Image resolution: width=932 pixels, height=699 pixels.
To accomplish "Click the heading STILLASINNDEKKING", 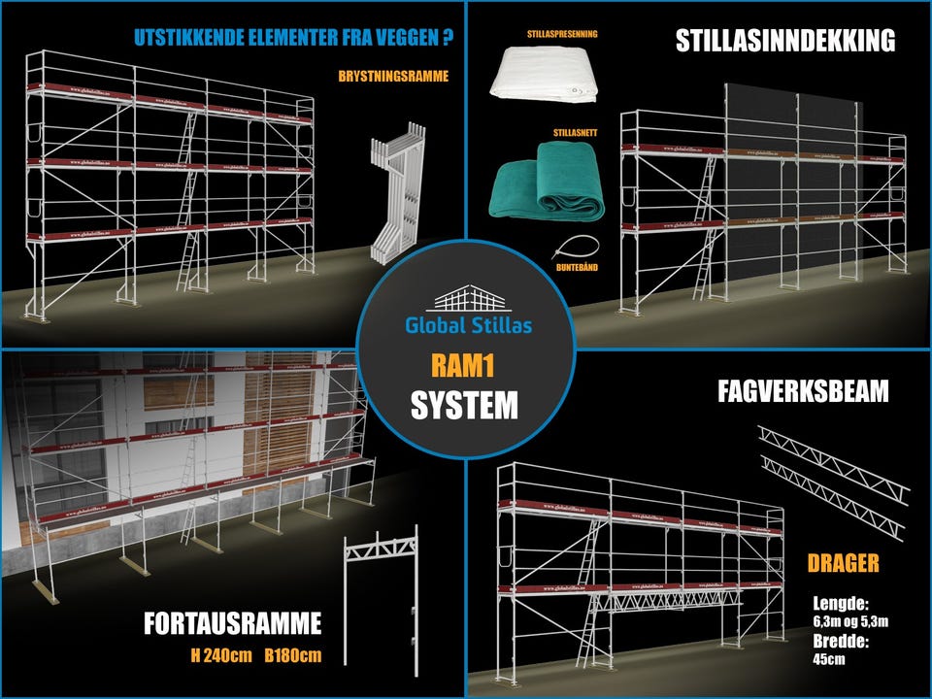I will (784, 42).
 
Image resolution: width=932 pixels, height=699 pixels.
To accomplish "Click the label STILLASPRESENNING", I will (549, 33).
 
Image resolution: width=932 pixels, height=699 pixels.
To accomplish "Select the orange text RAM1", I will (465, 366).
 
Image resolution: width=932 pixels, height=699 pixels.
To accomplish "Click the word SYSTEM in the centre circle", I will (465, 405).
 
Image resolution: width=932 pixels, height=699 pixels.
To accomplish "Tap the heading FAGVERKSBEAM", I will (804, 393).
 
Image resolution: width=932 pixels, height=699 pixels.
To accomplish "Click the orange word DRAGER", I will (843, 563).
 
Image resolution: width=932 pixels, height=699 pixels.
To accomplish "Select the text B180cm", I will (292, 655).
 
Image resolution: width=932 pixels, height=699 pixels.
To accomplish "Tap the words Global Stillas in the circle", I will (466, 326).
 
